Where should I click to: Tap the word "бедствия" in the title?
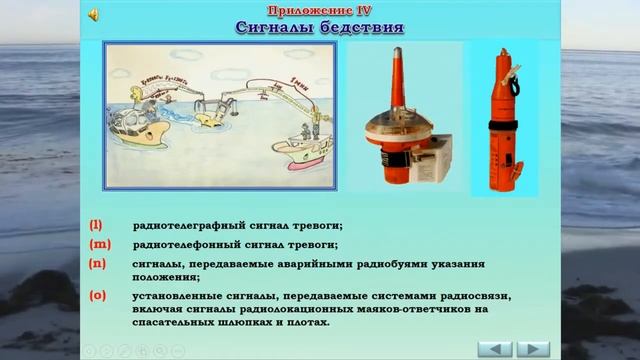(x=356, y=26)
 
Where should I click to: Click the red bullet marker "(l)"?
(x=96, y=225)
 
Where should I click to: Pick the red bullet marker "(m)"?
(x=98, y=244)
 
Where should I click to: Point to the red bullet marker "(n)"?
(x=97, y=264)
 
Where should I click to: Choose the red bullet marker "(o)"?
(x=97, y=296)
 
